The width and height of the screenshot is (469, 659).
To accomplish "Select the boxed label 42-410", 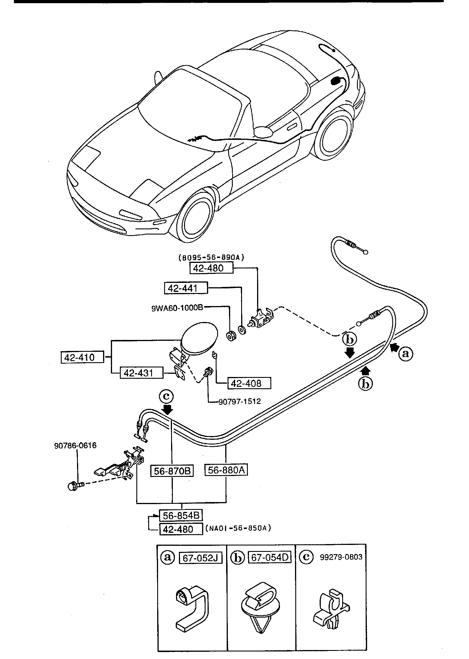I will tap(82, 357).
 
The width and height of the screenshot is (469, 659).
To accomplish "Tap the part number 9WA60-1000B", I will tap(177, 308).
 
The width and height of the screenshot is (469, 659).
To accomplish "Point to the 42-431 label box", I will tap(142, 373).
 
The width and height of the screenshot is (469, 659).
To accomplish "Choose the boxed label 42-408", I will tap(249, 383).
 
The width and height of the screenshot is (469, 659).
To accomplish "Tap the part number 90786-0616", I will tap(75, 446).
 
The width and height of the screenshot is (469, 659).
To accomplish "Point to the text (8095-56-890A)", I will tap(211, 257).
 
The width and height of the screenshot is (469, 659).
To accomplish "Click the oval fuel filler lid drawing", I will tap(199, 338).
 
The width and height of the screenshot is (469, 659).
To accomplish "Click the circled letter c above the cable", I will tap(166, 396).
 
